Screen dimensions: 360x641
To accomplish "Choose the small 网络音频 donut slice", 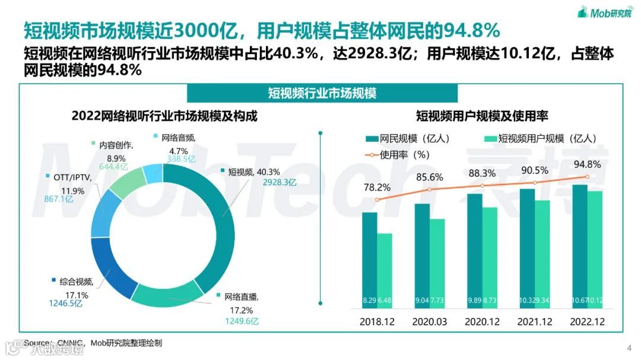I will pos(154,173).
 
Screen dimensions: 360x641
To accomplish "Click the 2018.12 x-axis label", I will pos(377,321).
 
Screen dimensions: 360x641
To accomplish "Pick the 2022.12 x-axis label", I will pos(586,321).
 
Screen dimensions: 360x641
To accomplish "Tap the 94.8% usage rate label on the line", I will pos(586,165).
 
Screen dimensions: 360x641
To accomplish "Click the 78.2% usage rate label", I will pos(376,187).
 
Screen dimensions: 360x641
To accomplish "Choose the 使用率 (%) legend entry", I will pos(398,155).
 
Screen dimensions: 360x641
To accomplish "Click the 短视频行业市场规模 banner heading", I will pos(322,93).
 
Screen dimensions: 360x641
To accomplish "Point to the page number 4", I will pos(629,348).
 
